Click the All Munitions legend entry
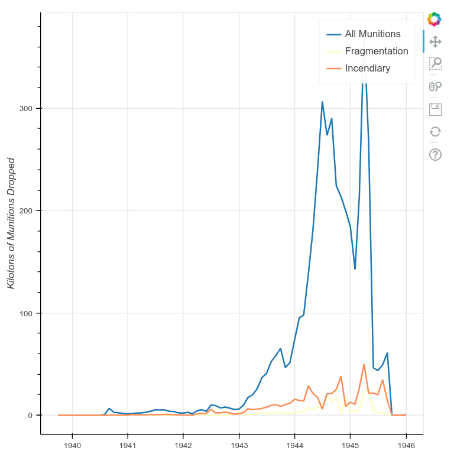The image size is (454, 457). pos(372,34)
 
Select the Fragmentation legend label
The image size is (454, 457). pos(377,51)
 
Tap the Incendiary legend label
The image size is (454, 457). pos(367,69)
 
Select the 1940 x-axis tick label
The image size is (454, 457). pos(72,445)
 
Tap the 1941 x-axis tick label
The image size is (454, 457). pos(128,445)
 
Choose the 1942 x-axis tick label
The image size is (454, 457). pos(183,445)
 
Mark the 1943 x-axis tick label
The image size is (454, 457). pos(239,445)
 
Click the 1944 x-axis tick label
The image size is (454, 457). pos(294,445)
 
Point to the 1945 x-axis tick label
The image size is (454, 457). pos(350,445)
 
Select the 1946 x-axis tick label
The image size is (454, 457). pos(406,445)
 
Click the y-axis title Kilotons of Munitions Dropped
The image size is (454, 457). pos(11,223)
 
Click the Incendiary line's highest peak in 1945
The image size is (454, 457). pos(364,364)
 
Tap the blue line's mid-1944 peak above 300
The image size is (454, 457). pos(322,102)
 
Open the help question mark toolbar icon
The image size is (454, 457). pos(435,155)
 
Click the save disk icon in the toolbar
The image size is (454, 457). pos(435,109)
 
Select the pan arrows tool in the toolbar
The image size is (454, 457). pos(435,41)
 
